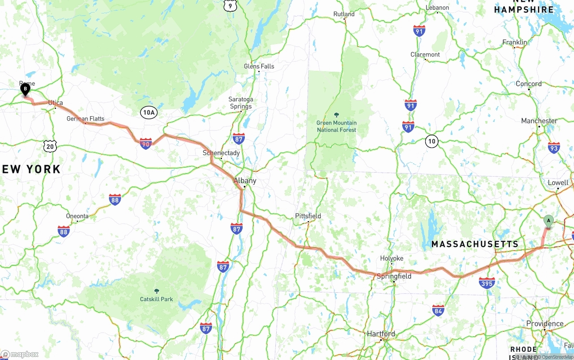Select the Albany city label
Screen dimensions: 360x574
click(245, 181)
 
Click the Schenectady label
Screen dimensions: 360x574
click(221, 153)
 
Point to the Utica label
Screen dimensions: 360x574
click(56, 103)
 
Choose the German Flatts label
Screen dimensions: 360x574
click(85, 119)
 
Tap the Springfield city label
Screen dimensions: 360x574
click(394, 276)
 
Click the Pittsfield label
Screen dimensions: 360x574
click(308, 216)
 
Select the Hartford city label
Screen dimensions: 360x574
click(381, 334)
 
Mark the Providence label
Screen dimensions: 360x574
click(545, 324)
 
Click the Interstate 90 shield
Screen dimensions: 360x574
click(145, 143)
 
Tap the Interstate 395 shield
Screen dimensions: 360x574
click(487, 283)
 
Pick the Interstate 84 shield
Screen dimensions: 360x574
click(438, 310)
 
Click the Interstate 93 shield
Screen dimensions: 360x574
click(553, 147)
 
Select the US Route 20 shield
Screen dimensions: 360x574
click(50, 146)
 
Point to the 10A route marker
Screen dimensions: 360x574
click(148, 113)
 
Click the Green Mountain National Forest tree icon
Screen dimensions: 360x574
click(337, 115)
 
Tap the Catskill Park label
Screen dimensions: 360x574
click(157, 299)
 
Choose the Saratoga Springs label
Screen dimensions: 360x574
click(241, 103)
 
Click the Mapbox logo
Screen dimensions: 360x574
click(20, 354)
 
